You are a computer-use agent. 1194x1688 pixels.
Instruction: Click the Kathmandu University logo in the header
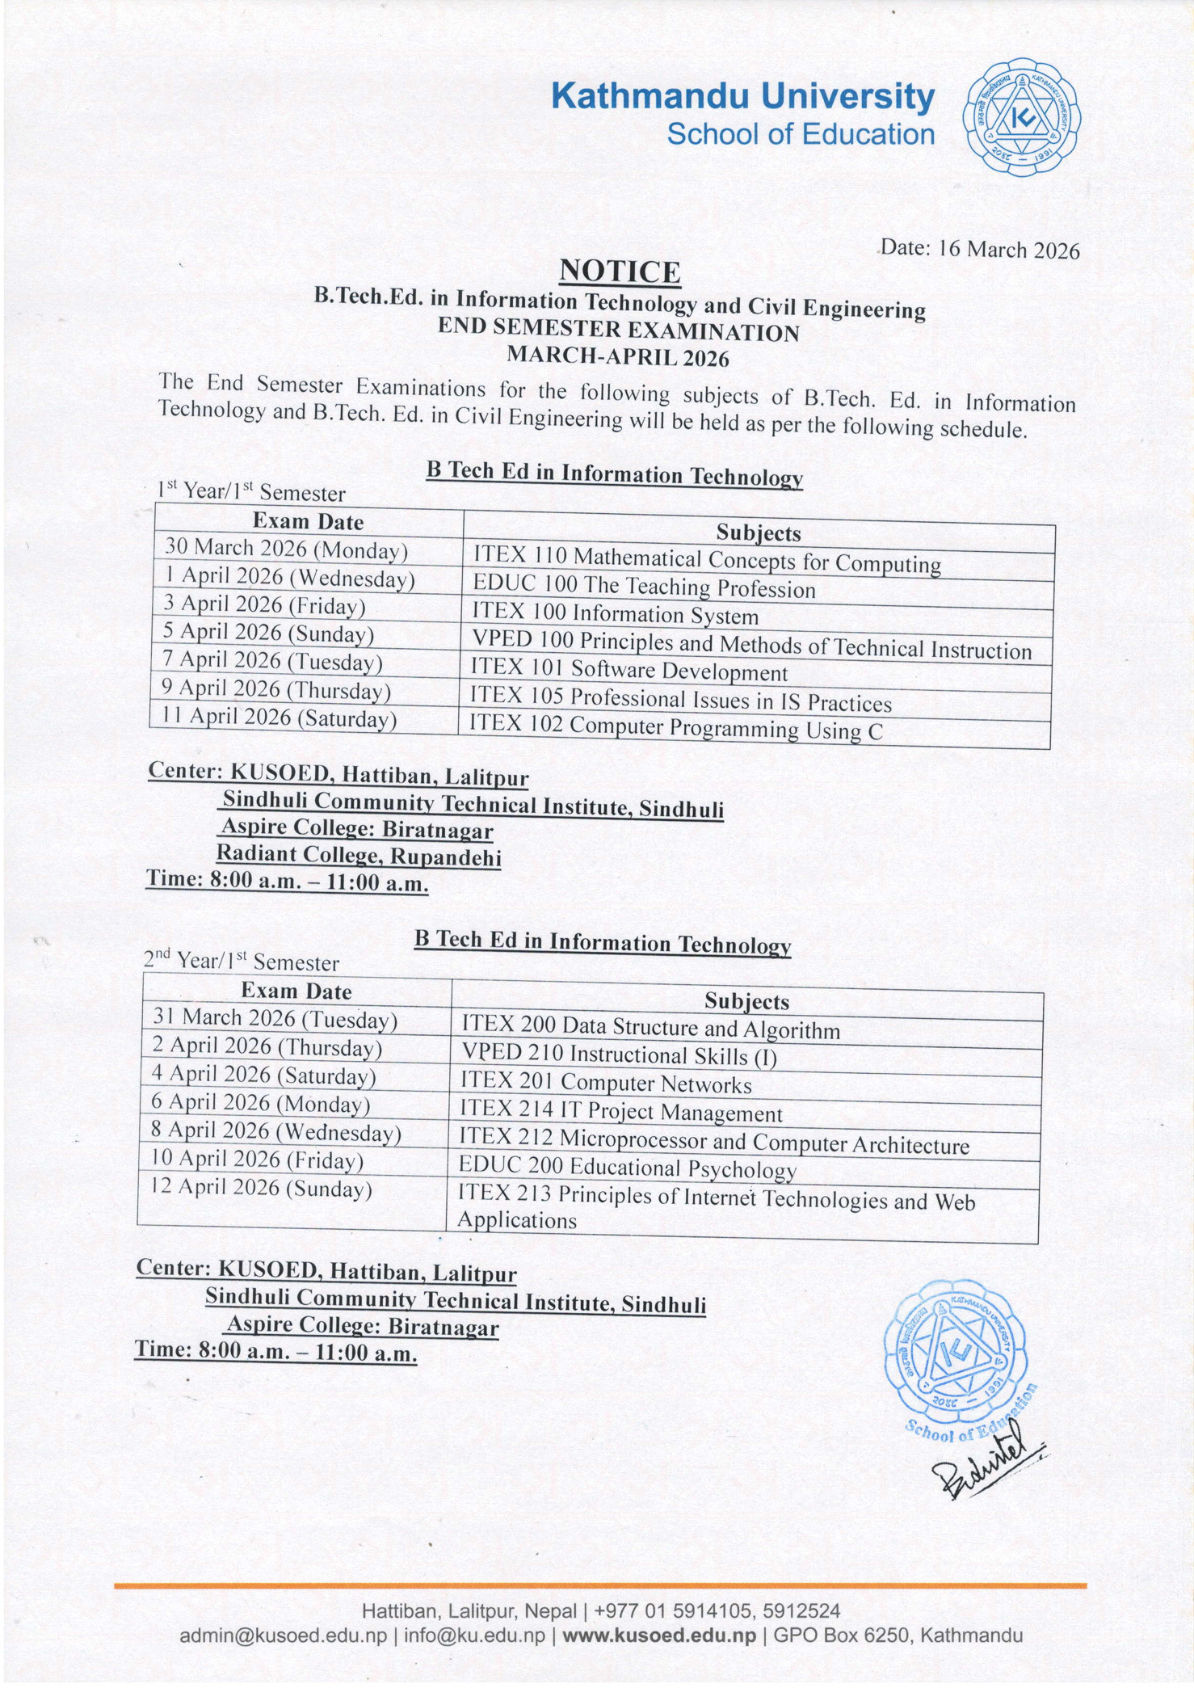point(1022,118)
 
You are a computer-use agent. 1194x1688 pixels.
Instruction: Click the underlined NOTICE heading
point(620,272)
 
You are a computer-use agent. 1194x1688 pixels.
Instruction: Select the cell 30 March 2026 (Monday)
point(287,549)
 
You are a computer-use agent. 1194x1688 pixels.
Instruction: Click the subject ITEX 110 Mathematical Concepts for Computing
point(707,560)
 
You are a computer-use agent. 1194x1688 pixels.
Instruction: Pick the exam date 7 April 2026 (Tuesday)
point(272,661)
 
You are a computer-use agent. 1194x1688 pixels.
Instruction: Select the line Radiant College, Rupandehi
point(359,855)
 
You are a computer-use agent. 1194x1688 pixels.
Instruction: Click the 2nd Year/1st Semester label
point(242,961)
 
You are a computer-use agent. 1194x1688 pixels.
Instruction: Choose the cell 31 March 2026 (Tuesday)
point(275,1019)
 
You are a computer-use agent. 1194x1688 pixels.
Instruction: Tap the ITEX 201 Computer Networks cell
point(606,1083)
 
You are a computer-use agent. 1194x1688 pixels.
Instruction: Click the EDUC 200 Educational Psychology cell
point(627,1168)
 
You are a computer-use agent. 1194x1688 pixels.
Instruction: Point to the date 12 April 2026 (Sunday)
point(262,1188)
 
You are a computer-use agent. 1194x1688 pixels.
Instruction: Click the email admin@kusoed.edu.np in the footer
point(284,1635)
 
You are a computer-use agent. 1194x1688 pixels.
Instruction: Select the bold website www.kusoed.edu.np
point(659,1635)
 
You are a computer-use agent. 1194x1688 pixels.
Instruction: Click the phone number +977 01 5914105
point(658,1611)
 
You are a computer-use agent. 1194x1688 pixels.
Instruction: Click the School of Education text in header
point(801,135)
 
